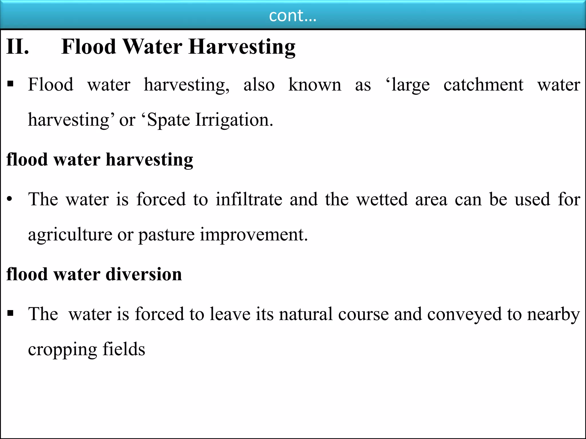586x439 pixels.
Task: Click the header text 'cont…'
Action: point(293,16)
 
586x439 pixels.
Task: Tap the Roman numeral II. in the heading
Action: point(18,47)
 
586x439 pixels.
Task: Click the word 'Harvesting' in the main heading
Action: point(242,47)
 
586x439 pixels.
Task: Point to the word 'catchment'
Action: point(483,85)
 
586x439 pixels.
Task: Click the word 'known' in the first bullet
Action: point(315,85)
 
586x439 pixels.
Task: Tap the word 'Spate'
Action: point(169,120)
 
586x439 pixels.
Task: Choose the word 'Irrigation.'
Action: point(234,120)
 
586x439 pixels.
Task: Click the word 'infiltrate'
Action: point(249,199)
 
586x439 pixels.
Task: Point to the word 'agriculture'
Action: point(70,235)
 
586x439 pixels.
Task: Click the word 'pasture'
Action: point(167,235)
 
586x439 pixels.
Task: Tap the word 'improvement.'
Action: point(254,235)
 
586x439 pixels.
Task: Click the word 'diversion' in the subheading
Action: point(144,274)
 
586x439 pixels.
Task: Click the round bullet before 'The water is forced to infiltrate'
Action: point(10,199)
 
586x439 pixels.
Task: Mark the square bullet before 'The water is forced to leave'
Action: point(11,314)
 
